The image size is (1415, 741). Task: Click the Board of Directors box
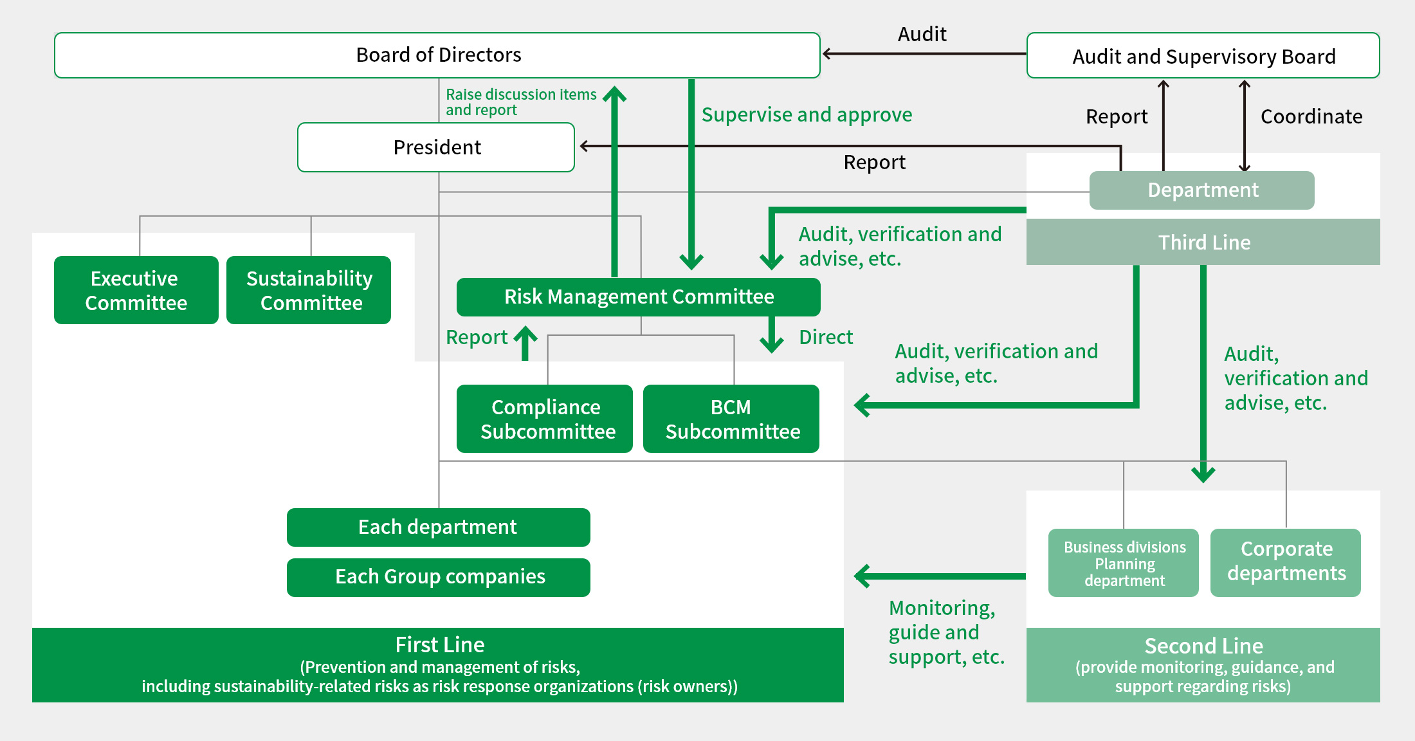[437, 55]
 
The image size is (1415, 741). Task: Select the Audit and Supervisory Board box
[1203, 56]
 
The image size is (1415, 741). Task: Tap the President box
[436, 147]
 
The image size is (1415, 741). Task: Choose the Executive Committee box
[136, 290]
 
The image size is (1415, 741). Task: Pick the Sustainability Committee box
[309, 290]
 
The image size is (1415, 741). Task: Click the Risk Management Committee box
[638, 297]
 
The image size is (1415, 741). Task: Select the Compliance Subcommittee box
[545, 419]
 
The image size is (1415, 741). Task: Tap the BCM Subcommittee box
[731, 419]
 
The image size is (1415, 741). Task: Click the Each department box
[438, 527]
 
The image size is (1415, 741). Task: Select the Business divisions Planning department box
[1124, 563]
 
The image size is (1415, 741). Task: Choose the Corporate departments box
[1286, 562]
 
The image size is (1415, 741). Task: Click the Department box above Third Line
[1201, 190]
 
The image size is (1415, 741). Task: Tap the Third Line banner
[1203, 242]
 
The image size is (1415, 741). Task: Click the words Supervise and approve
[807, 114]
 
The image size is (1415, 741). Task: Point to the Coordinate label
[1311, 116]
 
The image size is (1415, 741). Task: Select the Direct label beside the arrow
[825, 337]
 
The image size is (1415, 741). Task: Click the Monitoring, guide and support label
[945, 632]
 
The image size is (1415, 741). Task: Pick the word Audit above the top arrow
[922, 34]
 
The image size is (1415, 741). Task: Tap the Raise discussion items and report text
[521, 102]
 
